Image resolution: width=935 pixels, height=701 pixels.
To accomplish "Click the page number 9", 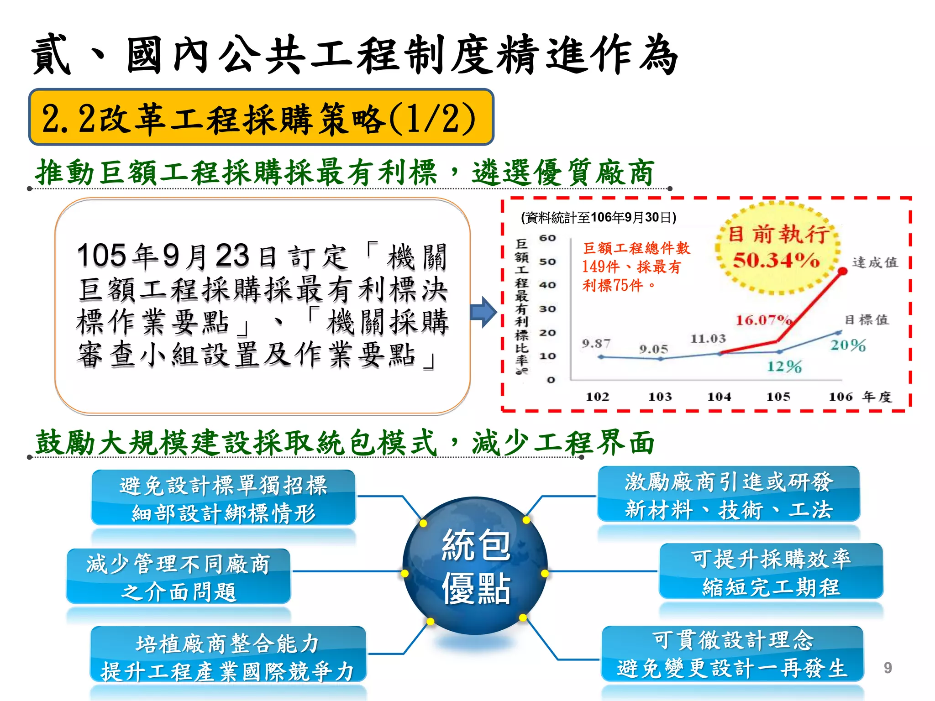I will point(887,668).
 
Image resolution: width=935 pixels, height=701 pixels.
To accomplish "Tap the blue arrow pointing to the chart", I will point(483,313).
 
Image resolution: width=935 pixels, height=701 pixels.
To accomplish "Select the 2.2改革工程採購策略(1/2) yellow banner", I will point(261,117).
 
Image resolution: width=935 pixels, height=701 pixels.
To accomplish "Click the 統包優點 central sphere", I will point(475,566).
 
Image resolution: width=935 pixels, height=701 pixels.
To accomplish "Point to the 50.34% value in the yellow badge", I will point(776,261).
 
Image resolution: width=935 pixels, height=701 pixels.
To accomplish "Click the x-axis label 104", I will point(719,397).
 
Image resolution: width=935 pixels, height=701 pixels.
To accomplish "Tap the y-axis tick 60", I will point(547,238).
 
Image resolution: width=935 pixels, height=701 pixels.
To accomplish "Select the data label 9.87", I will point(596,344).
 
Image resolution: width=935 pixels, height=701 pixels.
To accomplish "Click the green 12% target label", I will point(784,366).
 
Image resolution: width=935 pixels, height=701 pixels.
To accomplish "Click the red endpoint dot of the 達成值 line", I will point(843,272).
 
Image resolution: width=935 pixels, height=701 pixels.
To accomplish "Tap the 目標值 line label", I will point(866,320).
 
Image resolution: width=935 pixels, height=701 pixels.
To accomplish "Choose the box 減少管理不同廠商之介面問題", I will point(179,577).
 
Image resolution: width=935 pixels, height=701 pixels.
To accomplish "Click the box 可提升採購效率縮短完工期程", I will point(771,572).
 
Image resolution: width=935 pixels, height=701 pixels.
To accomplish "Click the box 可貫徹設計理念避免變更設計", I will point(732,654).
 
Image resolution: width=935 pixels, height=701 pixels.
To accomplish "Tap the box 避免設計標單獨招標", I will point(223,498).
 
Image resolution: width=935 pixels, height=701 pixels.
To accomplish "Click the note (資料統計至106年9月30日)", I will point(599,218).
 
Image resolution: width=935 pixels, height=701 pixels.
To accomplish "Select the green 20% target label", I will point(848,345).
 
